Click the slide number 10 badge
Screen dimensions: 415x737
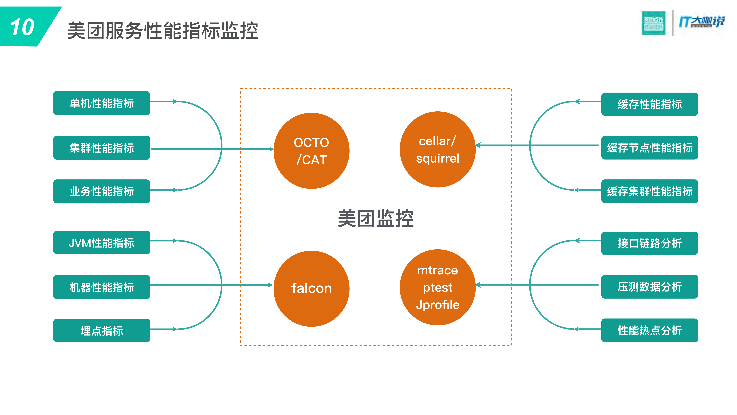[23, 27]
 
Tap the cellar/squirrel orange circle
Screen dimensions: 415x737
[437, 149]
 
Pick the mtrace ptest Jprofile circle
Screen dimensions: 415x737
[437, 287]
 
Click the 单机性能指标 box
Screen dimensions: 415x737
[102, 103]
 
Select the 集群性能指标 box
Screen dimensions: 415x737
[102, 147]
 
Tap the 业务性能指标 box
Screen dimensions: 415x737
[102, 191]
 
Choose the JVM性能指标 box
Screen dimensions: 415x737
[102, 243]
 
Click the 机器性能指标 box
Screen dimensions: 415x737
[102, 287]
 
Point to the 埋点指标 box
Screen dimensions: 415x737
[102, 331]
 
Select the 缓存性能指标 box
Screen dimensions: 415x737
[649, 104]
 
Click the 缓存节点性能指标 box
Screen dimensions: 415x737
[649, 147]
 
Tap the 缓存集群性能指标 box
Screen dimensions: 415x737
[649, 191]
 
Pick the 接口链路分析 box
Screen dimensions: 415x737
[649, 243]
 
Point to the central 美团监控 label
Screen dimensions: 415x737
[376, 219]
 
